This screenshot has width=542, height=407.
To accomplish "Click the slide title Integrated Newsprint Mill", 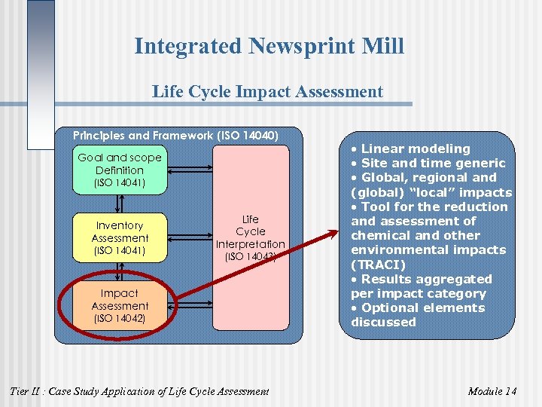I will pyautogui.click(x=269, y=46).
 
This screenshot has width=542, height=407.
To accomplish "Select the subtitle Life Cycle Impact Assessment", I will pyautogui.click(x=267, y=92).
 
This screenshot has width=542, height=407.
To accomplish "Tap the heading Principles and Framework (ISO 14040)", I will pyautogui.click(x=175, y=136).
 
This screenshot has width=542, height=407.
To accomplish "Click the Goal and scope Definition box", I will pyautogui.click(x=120, y=170).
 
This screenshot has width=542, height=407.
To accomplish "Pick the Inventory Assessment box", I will pyautogui.click(x=120, y=237).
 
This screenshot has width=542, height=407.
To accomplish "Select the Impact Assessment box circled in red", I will pyautogui.click(x=120, y=305).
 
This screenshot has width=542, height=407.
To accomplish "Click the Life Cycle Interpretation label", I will pyautogui.click(x=251, y=237).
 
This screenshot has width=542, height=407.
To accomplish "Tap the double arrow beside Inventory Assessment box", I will pyautogui.click(x=190, y=237).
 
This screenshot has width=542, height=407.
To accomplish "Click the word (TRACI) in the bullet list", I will pyautogui.click(x=379, y=265).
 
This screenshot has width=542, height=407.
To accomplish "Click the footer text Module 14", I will pyautogui.click(x=492, y=391).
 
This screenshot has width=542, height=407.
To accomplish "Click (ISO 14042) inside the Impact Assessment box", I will pyautogui.click(x=120, y=319).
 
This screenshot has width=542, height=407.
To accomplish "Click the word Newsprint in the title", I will pyautogui.click(x=297, y=46).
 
